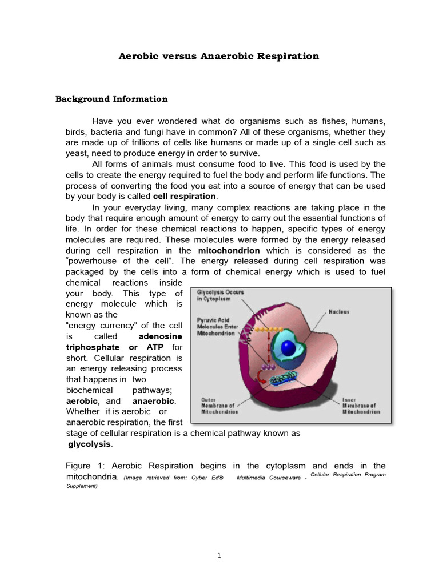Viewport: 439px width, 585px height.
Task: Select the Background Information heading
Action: point(111,99)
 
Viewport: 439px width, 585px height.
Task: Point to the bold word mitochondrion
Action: point(229,251)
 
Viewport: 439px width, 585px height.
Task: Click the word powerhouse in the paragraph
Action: point(96,262)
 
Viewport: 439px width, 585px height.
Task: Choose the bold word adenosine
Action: point(161,336)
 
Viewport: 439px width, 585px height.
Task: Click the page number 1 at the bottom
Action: point(219,555)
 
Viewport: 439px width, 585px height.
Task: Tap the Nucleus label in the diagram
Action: point(339,312)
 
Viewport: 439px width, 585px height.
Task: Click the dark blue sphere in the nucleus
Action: point(289,349)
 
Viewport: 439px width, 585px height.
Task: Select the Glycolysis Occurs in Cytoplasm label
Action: point(220,295)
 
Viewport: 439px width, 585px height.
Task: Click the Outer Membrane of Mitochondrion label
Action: point(220,405)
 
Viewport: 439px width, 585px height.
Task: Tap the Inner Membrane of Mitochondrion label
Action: point(361,405)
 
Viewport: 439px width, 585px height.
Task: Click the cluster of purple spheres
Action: point(266,366)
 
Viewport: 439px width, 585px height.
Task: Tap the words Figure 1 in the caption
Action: point(85,466)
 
